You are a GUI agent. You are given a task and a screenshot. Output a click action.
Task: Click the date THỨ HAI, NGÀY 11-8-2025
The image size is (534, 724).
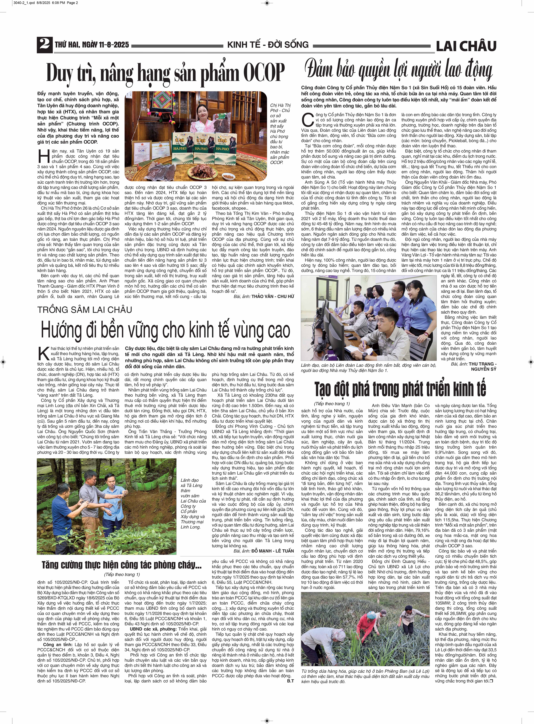[92, 45]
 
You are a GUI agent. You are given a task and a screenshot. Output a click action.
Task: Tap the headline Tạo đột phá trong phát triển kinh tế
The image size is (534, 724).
[400, 389]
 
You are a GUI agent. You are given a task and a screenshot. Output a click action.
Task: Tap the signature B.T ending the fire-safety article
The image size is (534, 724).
[290, 681]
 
